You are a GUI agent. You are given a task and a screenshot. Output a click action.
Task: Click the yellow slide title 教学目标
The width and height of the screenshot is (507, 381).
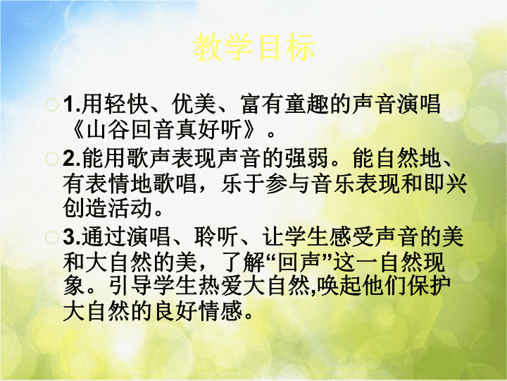click(254, 47)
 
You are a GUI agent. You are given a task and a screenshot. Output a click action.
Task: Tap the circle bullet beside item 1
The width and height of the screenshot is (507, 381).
click(51, 104)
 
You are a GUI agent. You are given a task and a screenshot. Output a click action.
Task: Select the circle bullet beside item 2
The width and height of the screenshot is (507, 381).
click(51, 159)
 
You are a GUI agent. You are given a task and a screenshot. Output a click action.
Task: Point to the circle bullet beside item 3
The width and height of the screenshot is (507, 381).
click(51, 237)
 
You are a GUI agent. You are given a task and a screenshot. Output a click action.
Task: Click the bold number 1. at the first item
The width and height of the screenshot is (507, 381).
click(72, 104)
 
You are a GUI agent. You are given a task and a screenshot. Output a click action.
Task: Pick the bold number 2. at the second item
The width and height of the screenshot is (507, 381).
click(72, 159)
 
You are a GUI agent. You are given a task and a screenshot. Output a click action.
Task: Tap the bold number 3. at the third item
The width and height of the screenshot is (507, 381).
click(72, 237)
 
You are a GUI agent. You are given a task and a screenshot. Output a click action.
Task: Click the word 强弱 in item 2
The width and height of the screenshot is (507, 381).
click(306, 159)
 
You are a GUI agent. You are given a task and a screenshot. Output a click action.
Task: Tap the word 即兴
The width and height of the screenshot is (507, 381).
click(445, 183)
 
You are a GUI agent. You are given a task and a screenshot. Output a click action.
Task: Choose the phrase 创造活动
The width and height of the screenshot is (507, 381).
click(108, 208)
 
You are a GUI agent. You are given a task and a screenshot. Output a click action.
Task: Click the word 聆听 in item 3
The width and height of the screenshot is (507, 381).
click(216, 237)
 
